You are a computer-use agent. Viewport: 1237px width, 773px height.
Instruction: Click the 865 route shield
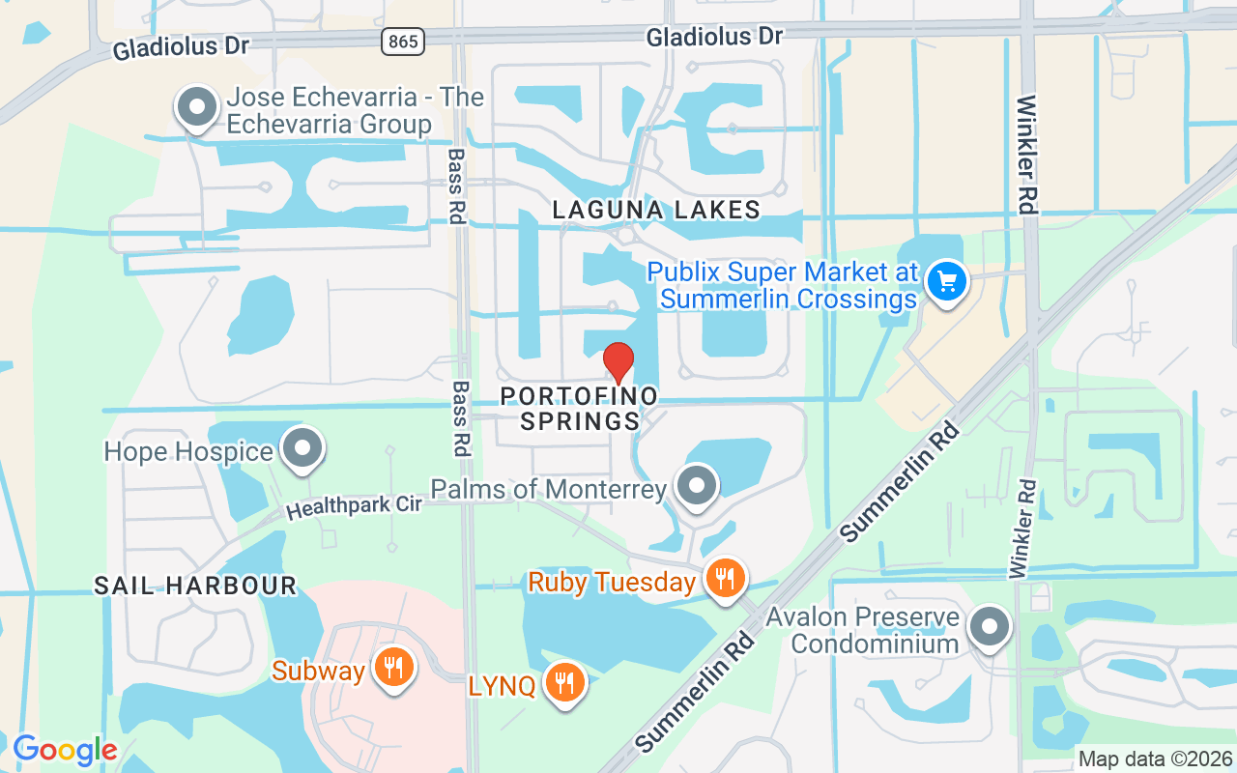tap(401, 41)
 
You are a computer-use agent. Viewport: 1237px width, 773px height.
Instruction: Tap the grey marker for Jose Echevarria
tap(198, 107)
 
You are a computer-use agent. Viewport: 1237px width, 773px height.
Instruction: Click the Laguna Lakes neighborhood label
tap(656, 210)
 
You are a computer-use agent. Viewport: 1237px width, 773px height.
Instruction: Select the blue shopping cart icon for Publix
tap(946, 282)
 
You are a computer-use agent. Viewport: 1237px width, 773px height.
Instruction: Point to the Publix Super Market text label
tap(783, 285)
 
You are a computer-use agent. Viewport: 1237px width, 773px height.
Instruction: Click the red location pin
tap(618, 362)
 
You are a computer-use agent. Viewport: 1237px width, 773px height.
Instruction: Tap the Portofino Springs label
tap(580, 408)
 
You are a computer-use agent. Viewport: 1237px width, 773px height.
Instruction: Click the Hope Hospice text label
tap(188, 451)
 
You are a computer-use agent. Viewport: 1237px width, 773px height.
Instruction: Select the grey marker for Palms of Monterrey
tap(697, 485)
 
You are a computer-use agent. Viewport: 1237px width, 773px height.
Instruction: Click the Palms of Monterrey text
tap(549, 489)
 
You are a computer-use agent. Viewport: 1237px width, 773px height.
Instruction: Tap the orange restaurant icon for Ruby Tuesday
tap(725, 578)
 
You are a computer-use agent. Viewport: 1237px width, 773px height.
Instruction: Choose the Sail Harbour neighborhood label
tap(194, 585)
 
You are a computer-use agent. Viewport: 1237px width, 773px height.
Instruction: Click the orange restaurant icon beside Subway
tap(393, 667)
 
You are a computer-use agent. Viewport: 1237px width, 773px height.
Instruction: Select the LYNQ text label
tap(502, 686)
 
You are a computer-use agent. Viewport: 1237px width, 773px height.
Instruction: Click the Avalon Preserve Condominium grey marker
tap(989, 626)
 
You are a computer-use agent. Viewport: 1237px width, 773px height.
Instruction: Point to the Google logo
tap(65, 749)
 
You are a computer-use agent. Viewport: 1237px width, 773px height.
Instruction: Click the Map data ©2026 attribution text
tap(1156, 759)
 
